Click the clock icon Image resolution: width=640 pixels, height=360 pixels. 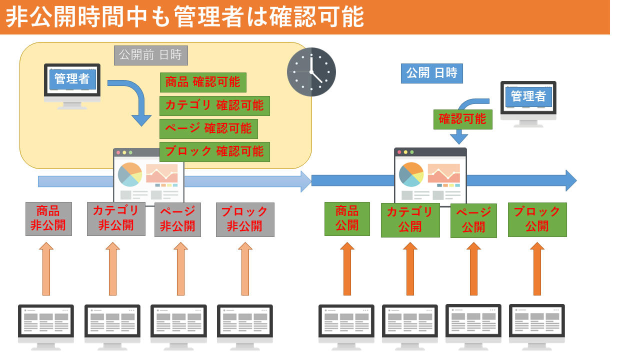(311, 71)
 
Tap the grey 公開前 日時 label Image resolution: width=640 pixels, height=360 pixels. (150, 55)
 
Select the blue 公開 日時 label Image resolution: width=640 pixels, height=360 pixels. (431, 73)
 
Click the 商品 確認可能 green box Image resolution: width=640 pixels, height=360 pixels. (203, 82)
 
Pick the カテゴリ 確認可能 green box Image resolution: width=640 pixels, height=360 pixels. (214, 105)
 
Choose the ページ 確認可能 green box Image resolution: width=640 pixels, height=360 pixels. (208, 128)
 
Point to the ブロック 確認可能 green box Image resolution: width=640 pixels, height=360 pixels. (214, 151)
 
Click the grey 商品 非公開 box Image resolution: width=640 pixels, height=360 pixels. (48, 218)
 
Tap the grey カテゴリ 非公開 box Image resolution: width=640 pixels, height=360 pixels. (116, 218)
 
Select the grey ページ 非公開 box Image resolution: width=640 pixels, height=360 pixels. (177, 219)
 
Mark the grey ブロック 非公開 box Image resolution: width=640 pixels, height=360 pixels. (245, 219)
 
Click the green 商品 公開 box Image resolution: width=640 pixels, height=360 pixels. (347, 218)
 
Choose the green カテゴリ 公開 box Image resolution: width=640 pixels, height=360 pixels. (410, 220)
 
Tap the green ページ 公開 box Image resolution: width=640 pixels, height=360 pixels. (473, 220)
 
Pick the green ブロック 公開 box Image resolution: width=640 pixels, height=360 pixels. (537, 219)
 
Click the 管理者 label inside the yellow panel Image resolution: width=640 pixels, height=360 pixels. (72, 79)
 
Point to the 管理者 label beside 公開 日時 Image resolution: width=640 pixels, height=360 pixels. (528, 96)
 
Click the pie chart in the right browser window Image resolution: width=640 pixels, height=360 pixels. (411, 174)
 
